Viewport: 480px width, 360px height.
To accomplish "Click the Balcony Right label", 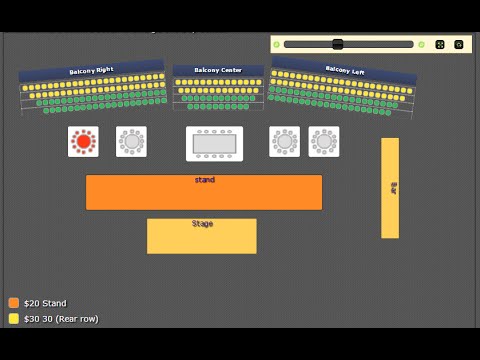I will click(91, 71).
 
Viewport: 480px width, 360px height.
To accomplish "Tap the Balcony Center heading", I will click(218, 70).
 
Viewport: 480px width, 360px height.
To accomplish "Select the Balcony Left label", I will click(345, 70).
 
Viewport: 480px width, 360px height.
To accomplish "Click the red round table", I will click(83, 141).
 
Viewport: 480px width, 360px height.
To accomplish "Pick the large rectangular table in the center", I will click(214, 143).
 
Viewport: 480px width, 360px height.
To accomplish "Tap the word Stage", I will click(202, 224).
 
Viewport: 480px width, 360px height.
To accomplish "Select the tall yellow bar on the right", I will click(390, 188).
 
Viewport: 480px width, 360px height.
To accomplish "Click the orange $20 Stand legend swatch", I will click(14, 303).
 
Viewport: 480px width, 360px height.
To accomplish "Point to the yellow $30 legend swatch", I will click(14, 319).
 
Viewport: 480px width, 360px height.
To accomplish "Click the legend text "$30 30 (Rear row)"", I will click(61, 319).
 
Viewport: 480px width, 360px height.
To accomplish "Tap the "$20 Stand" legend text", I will click(45, 303).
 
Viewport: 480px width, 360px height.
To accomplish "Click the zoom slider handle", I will click(338, 44).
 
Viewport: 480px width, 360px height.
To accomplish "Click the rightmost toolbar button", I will click(459, 44).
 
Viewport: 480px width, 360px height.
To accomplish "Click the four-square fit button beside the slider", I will click(440, 44).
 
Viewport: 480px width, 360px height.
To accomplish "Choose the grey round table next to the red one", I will click(131, 141).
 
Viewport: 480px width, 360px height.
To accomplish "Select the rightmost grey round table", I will click(324, 141).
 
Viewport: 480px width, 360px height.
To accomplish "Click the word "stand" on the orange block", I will click(204, 180).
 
